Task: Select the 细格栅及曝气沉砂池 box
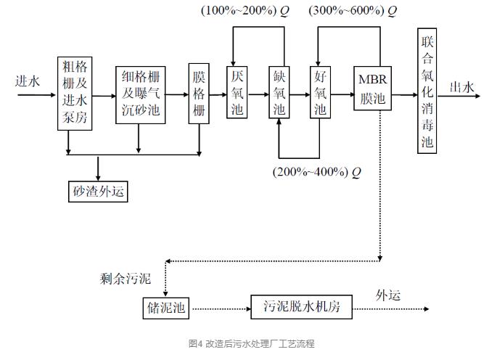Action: [140, 94]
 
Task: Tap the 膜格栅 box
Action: [200, 94]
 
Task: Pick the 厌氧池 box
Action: [237, 93]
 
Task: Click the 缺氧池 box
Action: [279, 93]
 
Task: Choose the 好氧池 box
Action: [320, 93]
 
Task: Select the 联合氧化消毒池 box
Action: [427, 91]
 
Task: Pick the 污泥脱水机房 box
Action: [301, 308]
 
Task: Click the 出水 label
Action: [462, 87]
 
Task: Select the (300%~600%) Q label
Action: [353, 12]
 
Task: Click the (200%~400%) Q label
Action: [316, 172]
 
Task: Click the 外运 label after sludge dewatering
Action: [388, 295]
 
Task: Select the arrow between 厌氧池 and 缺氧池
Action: [258, 94]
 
